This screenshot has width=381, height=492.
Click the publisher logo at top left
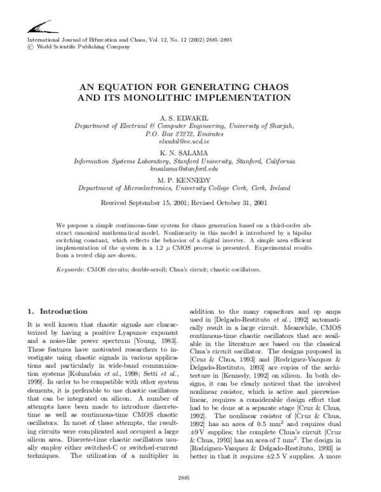click(x=38, y=27)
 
